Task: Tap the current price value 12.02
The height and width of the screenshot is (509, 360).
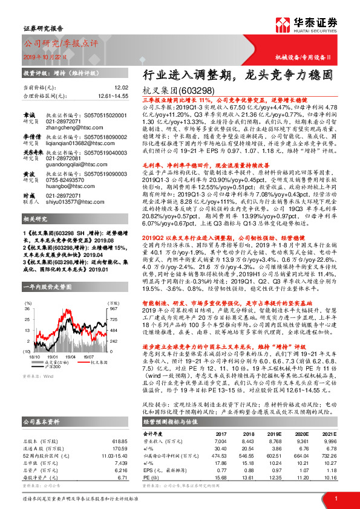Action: click(122, 88)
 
